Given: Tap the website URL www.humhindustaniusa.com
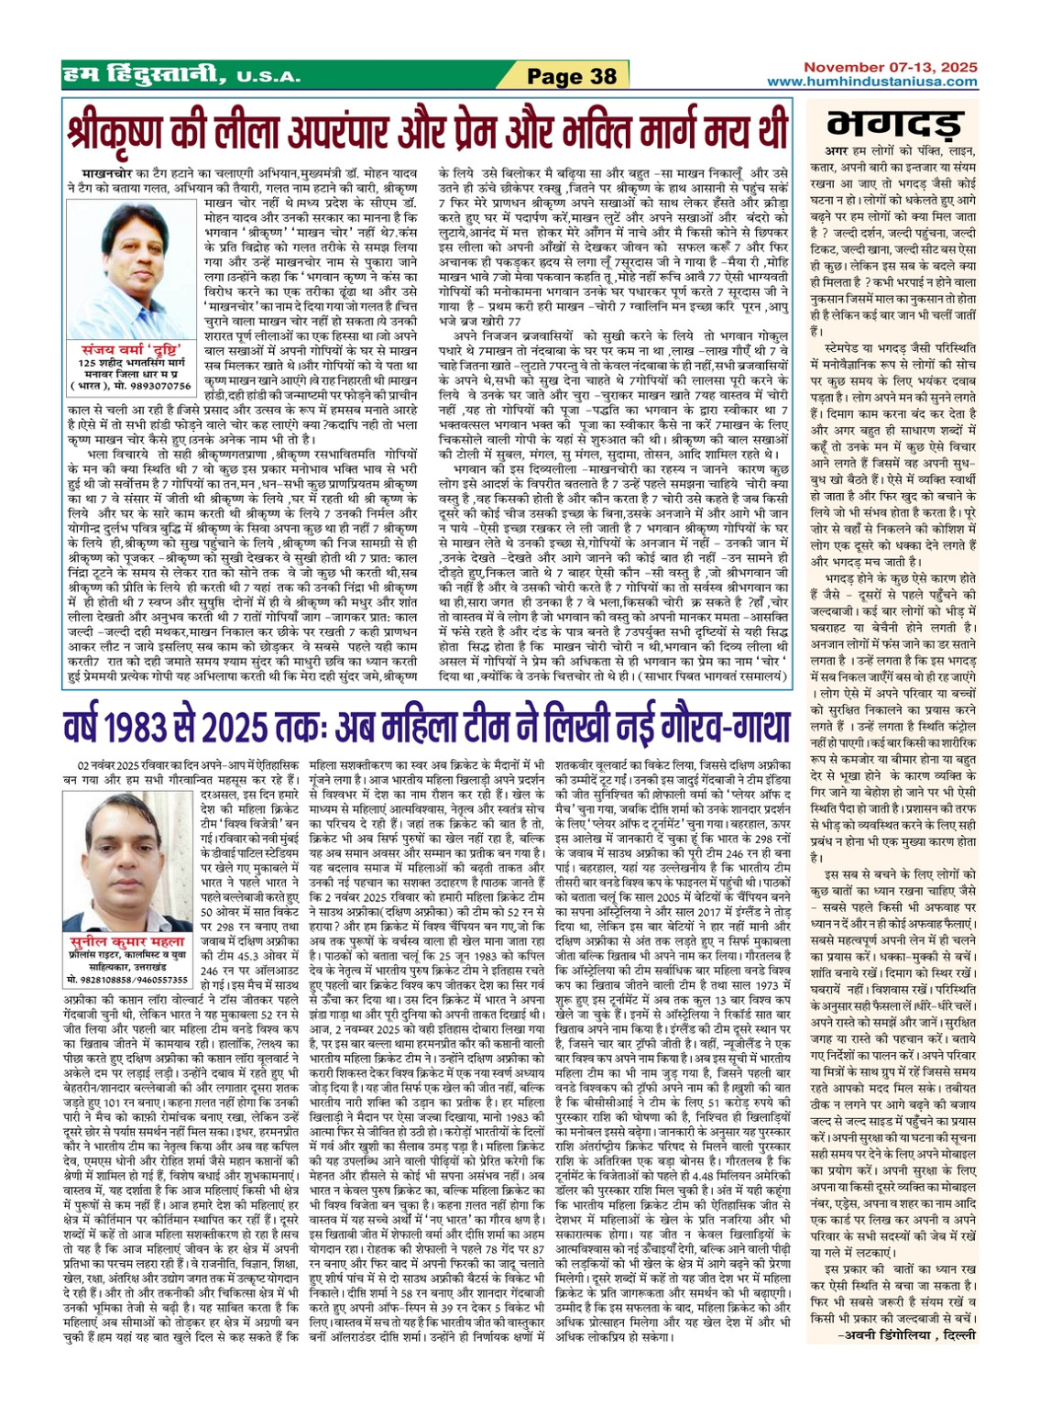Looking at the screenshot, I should (872, 82).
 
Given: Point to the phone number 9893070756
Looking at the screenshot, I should (164, 387).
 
